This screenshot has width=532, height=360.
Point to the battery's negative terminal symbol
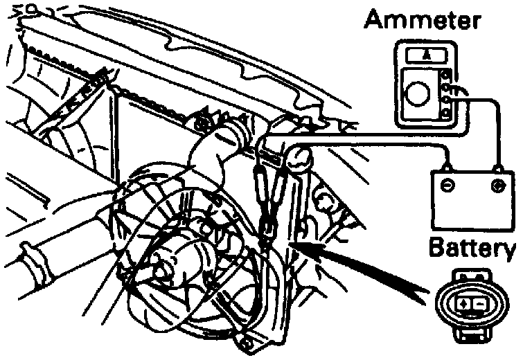(x=449, y=186)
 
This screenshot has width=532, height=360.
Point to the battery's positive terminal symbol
(x=497, y=186)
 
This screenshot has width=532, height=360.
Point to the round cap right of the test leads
(x=299, y=158)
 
